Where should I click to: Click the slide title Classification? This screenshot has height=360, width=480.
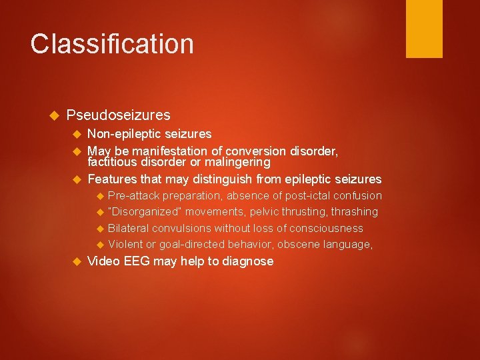tap(112, 44)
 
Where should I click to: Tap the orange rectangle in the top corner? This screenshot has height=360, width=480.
tap(424, 28)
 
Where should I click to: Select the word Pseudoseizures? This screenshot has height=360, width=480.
tap(118, 115)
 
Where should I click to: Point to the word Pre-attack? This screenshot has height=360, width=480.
tap(132, 196)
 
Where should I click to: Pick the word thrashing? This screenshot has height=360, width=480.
tap(353, 212)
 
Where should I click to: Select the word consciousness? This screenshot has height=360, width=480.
tap(325, 229)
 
